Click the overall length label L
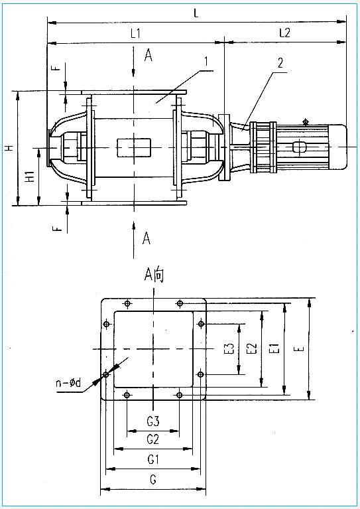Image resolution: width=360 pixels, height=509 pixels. click(x=196, y=13)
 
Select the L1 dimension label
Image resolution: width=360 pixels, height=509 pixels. click(x=135, y=33)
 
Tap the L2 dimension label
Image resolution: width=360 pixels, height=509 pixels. click(x=284, y=33)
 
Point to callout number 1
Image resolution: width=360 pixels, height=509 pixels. click(x=206, y=61)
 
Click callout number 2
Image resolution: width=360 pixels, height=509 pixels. click(x=280, y=62)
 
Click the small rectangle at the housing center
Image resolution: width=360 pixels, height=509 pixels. click(x=134, y=148)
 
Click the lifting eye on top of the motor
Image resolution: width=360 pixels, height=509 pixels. click(x=305, y=121)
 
